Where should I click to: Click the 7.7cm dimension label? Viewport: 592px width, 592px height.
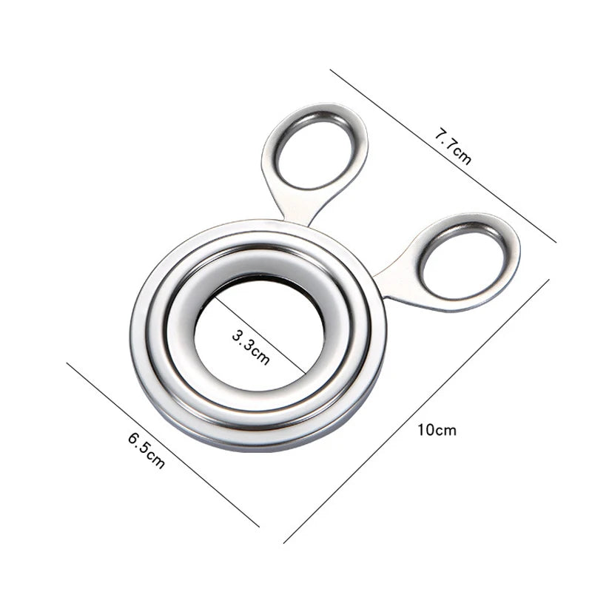[451, 147]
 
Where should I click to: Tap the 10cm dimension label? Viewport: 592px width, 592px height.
[436, 430]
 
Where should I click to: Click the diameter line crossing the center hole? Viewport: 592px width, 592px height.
[289, 355]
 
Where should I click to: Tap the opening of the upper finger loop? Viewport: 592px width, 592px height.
[314, 152]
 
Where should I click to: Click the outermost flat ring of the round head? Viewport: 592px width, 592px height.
[141, 348]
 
